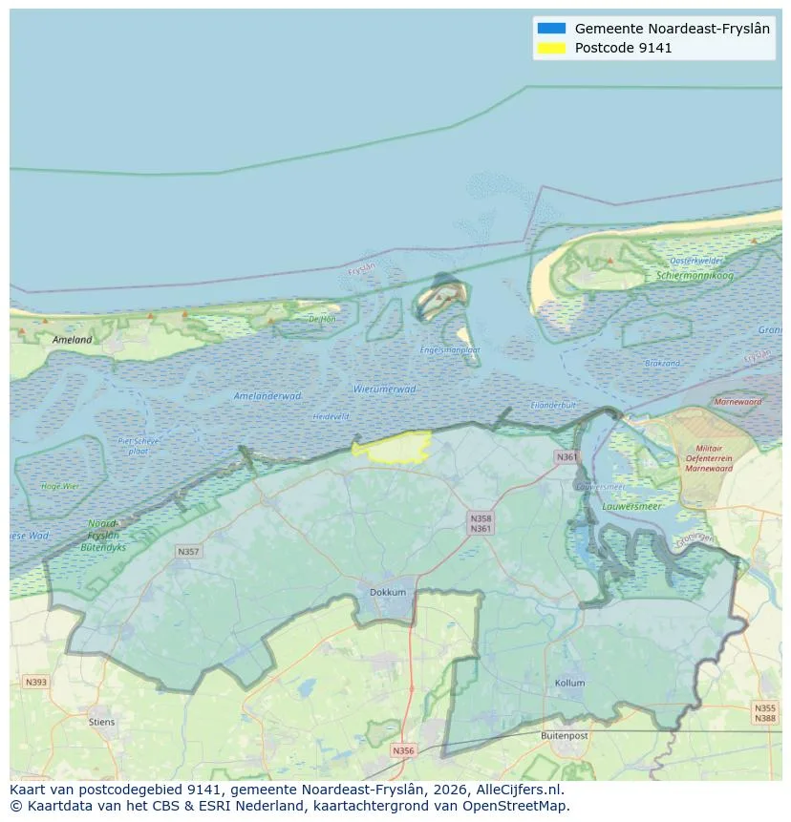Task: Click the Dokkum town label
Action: click(388, 592)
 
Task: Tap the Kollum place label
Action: click(569, 684)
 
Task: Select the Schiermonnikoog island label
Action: click(695, 275)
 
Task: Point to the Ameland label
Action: click(73, 340)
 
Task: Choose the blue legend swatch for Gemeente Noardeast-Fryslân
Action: click(551, 29)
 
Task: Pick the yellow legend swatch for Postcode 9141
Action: click(551, 48)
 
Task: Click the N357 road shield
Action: click(188, 552)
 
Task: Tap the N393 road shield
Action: click(35, 682)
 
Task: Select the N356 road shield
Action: click(404, 750)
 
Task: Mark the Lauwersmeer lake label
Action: click(634, 507)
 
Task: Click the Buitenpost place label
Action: click(562, 736)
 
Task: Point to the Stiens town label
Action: click(101, 722)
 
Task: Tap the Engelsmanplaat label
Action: click(450, 350)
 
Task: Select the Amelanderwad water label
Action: click(267, 395)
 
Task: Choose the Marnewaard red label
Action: click(738, 402)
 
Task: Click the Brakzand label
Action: click(662, 364)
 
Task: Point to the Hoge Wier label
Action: click(60, 486)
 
